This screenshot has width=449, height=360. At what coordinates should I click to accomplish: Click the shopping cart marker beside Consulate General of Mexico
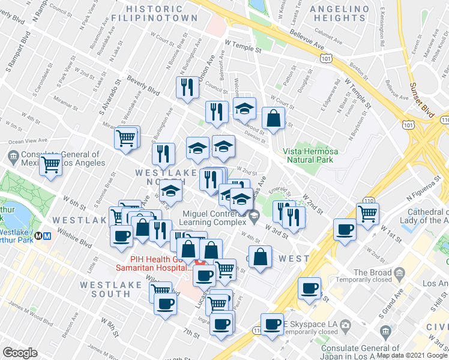[51, 163]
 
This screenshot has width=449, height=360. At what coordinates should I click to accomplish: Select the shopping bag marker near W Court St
[273, 119]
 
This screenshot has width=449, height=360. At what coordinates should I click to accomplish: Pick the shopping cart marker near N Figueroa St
[367, 213]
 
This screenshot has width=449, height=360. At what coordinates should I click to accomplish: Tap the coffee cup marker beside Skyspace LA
[272, 324]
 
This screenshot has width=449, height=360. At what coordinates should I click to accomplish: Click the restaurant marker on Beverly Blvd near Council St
[188, 87]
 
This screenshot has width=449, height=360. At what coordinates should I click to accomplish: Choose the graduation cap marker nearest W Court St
[244, 109]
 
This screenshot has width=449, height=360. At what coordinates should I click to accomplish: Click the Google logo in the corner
[20, 353]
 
